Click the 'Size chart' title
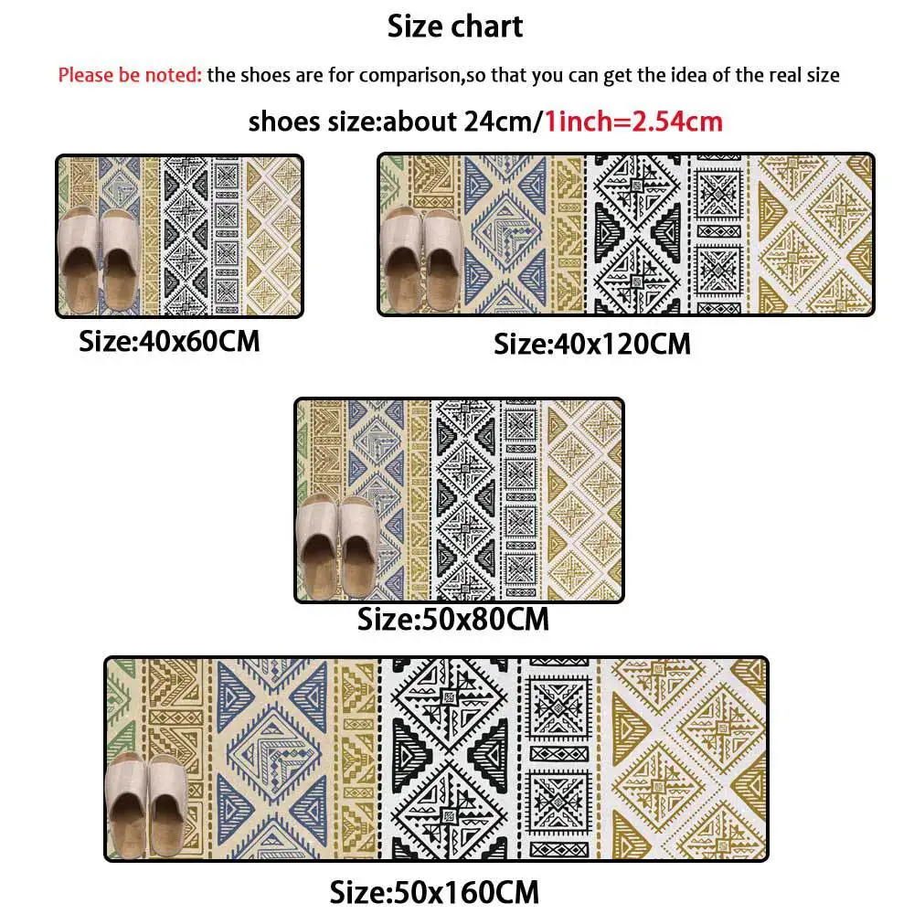[455, 26]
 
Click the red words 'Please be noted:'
[130, 75]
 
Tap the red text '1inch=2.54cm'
[633, 121]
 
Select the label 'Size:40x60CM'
[169, 342]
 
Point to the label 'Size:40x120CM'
[592, 344]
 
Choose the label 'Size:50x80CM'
[453, 619]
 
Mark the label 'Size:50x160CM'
[434, 890]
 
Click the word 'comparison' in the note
[410, 75]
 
